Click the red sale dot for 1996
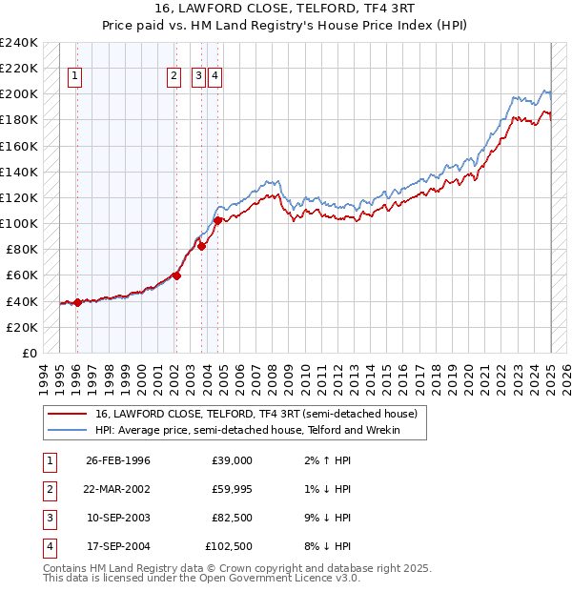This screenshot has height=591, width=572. [76, 302]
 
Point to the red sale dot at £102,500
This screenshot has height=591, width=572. [217, 220]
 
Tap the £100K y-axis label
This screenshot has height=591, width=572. [19, 223]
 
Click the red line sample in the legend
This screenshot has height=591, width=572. [67, 415]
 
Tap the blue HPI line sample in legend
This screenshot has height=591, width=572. [67, 431]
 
